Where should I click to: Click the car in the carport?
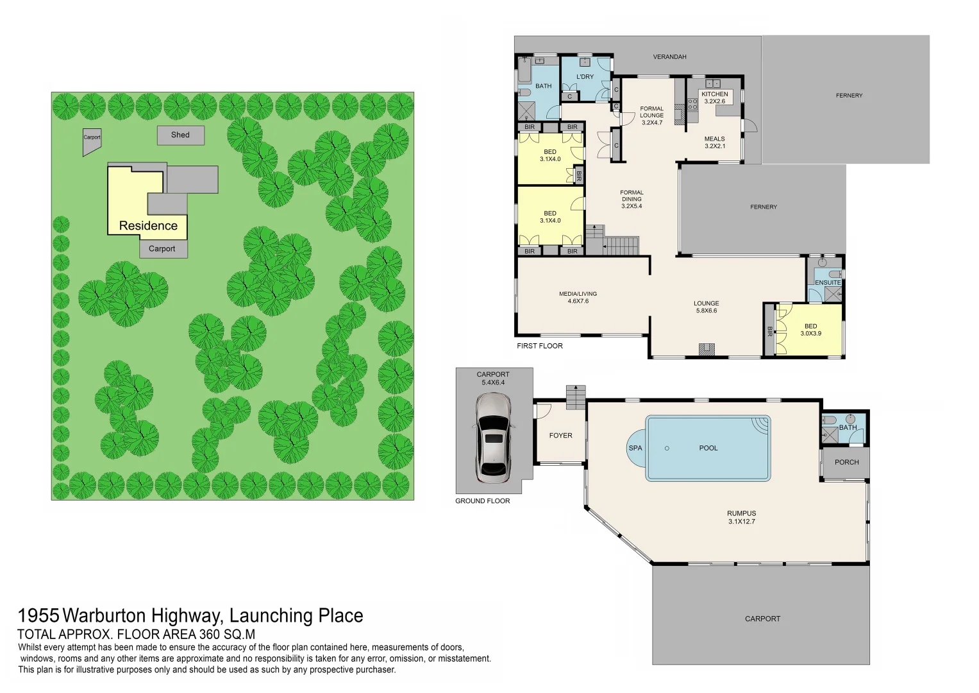click(494, 438)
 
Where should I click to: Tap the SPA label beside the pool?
click(635, 448)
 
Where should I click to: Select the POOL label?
click(708, 448)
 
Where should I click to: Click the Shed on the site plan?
click(181, 135)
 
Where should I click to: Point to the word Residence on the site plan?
click(148, 226)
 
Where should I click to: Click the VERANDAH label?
click(669, 57)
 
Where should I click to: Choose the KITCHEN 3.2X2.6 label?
click(715, 98)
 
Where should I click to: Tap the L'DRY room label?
click(585, 77)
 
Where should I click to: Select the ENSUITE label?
click(828, 282)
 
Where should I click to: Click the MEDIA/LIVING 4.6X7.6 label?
click(578, 298)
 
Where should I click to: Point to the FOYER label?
click(560, 435)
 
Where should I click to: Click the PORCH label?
click(846, 462)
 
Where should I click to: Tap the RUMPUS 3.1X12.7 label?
click(742, 517)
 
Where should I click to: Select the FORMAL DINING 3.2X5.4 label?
click(632, 199)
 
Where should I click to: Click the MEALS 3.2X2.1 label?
click(715, 142)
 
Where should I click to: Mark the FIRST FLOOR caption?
click(540, 346)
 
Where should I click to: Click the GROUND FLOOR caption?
click(483, 501)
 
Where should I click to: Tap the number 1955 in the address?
click(38, 615)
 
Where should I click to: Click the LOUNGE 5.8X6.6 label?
click(707, 307)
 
